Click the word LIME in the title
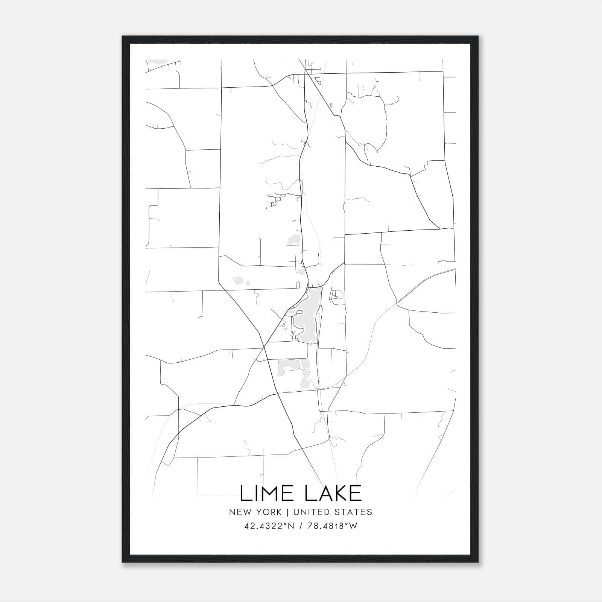point(268,493)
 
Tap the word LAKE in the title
point(333,493)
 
